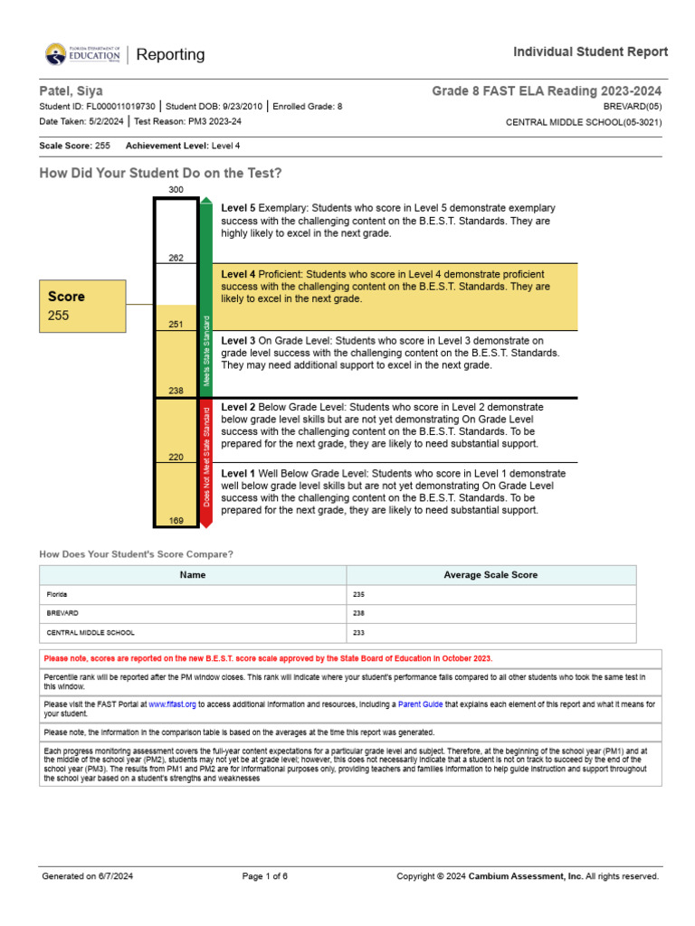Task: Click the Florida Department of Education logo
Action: (x=82, y=55)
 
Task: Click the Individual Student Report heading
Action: (x=590, y=52)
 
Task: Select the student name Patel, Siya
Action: (x=71, y=91)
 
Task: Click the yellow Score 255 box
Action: (x=86, y=306)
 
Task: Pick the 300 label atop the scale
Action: (x=176, y=189)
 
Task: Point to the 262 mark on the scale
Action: (x=176, y=258)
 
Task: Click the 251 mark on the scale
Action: (x=176, y=324)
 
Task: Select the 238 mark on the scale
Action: (x=176, y=391)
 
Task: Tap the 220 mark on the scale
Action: (x=176, y=457)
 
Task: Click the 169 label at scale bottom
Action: (x=176, y=520)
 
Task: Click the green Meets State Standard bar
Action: (x=206, y=298)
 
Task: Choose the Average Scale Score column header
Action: (x=490, y=575)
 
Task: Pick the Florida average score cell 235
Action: (x=358, y=595)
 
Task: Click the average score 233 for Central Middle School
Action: (x=358, y=633)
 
